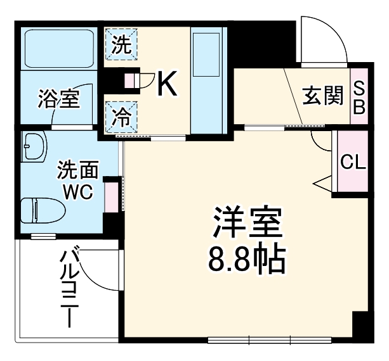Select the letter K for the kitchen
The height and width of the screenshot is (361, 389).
point(166,83)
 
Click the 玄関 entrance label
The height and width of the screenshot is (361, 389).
point(322,96)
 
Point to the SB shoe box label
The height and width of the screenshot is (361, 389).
point(359,97)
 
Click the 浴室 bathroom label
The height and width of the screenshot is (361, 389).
point(59,99)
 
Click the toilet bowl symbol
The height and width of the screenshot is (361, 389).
point(39,209)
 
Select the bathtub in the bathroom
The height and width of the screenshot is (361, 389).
point(58,48)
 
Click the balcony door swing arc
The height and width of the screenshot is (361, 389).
point(95,266)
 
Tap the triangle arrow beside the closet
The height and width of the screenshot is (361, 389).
point(321,184)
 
